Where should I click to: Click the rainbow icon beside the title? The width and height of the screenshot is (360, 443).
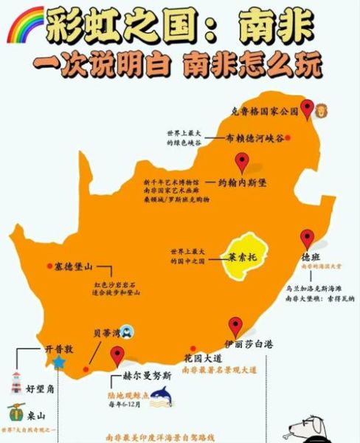pyautogui.click(x=24, y=24)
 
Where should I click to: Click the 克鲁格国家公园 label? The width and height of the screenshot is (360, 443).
pyautogui.click(x=263, y=111)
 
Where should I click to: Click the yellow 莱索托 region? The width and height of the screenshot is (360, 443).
pyautogui.click(x=243, y=259)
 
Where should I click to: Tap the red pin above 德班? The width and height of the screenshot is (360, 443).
pyautogui.click(x=307, y=239)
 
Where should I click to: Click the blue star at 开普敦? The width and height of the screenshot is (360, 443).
pyautogui.click(x=58, y=363)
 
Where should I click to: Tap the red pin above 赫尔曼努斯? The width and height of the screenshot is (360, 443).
pyautogui.click(x=117, y=356)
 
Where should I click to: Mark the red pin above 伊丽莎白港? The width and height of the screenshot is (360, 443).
pyautogui.click(x=235, y=326)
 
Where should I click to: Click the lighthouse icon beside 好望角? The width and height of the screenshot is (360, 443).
pyautogui.click(x=15, y=382)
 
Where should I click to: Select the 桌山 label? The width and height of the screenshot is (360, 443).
pyautogui.click(x=35, y=416)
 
